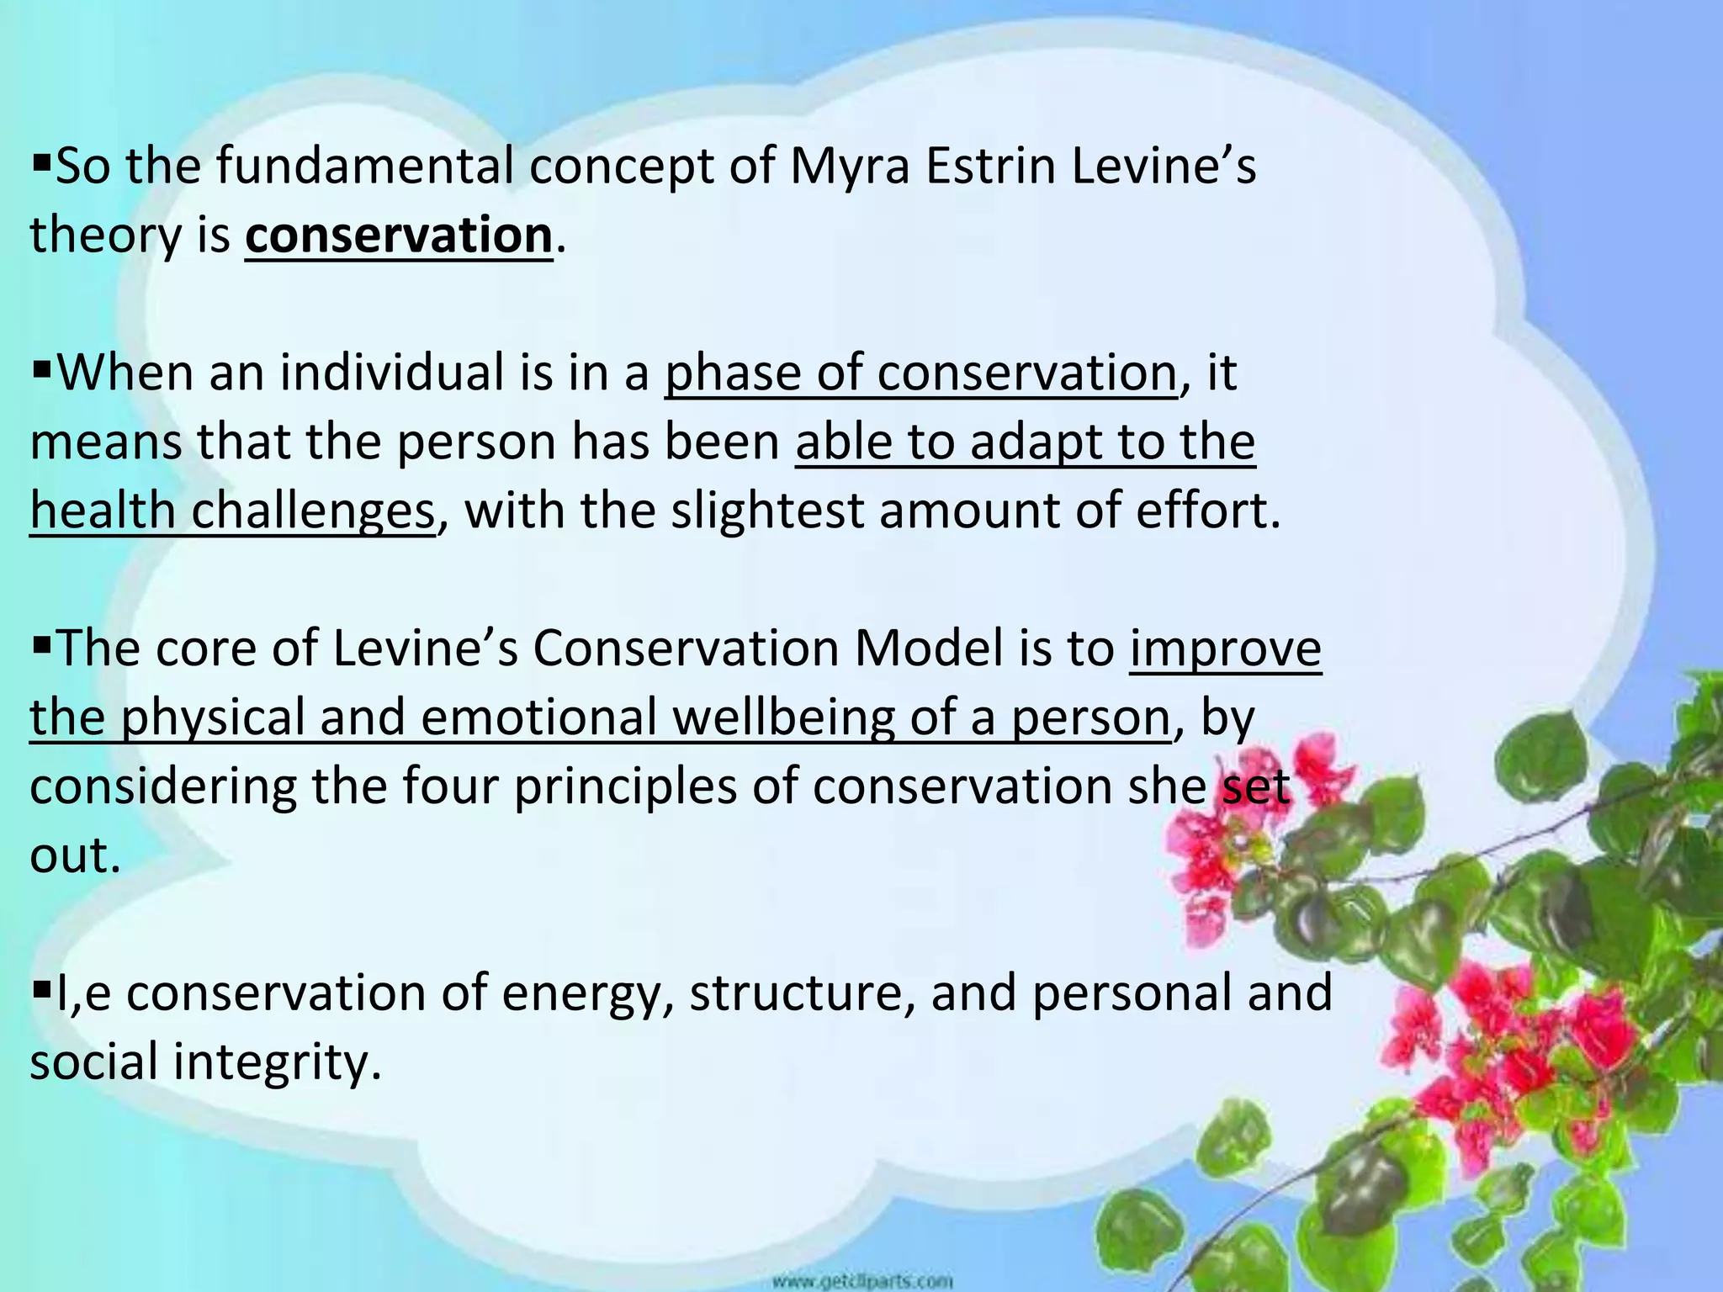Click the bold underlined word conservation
point(399,236)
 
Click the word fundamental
point(365,167)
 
